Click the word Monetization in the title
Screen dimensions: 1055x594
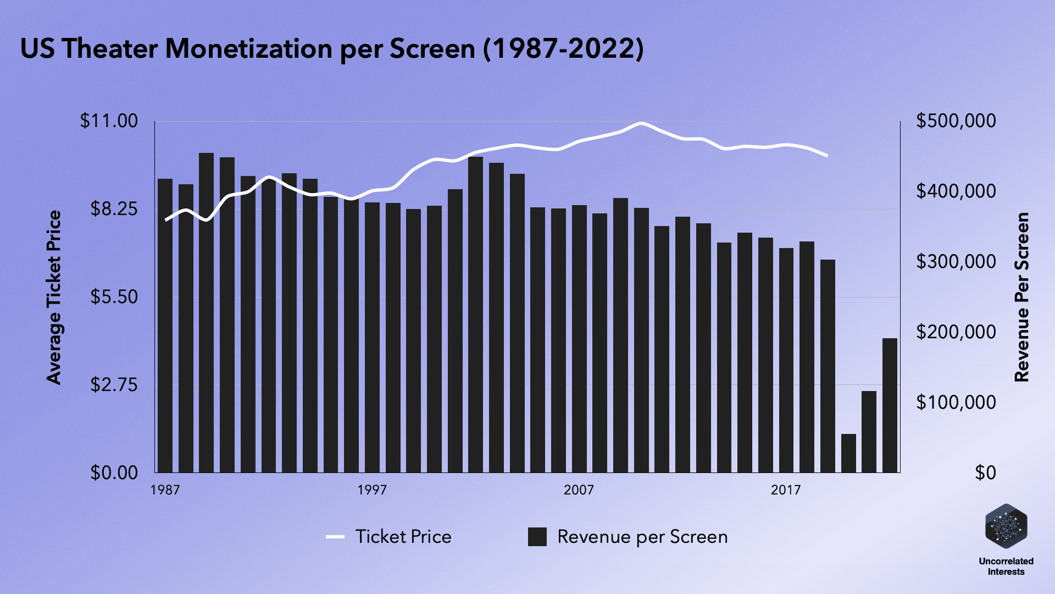click(249, 48)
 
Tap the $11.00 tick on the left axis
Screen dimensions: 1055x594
click(109, 121)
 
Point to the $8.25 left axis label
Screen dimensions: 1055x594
click(114, 209)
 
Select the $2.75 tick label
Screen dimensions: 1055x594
click(114, 384)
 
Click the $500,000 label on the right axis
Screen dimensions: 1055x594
click(956, 121)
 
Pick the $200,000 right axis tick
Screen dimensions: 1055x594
click(956, 332)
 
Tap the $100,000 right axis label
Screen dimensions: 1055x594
click(956, 402)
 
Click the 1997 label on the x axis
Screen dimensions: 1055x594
click(372, 490)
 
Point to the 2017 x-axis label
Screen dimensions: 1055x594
click(786, 490)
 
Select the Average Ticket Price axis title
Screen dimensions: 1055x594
click(54, 298)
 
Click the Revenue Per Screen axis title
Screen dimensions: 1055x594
click(1021, 298)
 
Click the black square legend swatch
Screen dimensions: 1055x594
click(537, 537)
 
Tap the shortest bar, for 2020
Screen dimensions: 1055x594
click(848, 453)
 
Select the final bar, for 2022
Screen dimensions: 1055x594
click(890, 405)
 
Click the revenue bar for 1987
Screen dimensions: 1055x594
click(165, 326)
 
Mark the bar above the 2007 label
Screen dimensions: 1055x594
click(579, 339)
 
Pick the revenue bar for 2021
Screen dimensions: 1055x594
click(869, 432)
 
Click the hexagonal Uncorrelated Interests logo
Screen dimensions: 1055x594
click(1006, 526)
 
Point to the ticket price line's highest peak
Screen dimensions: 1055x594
click(641, 123)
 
